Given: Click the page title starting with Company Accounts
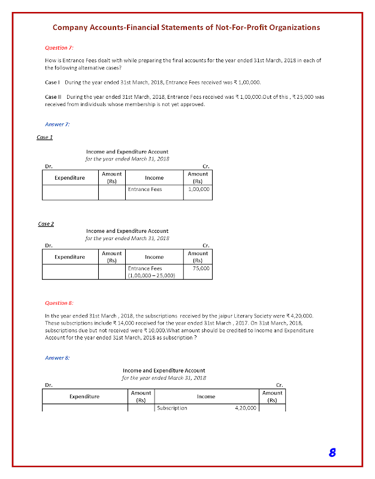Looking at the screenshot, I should click(186, 28).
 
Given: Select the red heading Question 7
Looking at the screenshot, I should click(59, 47).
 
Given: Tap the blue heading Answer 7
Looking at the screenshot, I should click(58, 124).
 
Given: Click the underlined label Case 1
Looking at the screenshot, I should click(46, 137).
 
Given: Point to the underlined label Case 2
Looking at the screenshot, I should click(46, 224).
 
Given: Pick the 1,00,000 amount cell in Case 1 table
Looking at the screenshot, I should click(198, 189).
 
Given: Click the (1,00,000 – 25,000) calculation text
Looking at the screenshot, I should click(151, 276).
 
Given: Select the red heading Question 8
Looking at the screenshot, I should click(59, 303).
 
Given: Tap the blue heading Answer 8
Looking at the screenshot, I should click(58, 357).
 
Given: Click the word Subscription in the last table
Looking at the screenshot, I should click(172, 408).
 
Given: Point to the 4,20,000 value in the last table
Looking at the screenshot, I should click(244, 408).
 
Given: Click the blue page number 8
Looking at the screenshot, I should click(331, 452).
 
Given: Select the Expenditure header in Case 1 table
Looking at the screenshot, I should click(69, 177).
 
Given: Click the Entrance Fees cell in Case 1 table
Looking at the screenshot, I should click(145, 189).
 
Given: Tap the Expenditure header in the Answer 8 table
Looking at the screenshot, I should click(84, 396).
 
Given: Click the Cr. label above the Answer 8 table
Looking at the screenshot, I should click(279, 384).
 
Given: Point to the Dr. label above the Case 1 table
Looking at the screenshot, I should click(48, 166).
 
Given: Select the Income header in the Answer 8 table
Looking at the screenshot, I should click(205, 396).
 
